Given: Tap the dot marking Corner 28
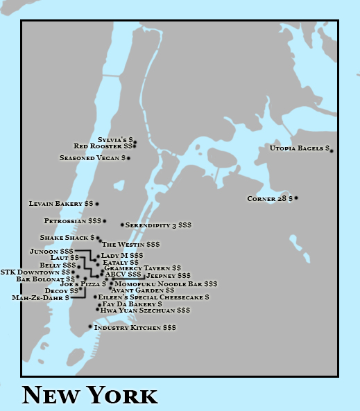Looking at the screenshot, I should [296, 198].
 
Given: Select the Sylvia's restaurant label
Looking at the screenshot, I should [114, 140].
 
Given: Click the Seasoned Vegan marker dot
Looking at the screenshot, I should [128, 158].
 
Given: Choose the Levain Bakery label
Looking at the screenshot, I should [60, 204].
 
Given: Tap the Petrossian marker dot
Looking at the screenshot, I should [104, 221].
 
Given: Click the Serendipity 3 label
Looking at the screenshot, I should [158, 225].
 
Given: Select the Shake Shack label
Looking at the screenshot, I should [67, 238].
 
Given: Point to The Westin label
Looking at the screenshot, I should [131, 245].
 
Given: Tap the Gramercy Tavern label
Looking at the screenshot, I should [142, 268].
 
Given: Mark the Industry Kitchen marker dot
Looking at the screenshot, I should [90, 326].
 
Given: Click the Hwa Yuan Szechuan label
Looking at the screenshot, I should [144, 311].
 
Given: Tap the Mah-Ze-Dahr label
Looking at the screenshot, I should [40, 297].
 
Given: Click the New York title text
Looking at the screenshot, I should [90, 395].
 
